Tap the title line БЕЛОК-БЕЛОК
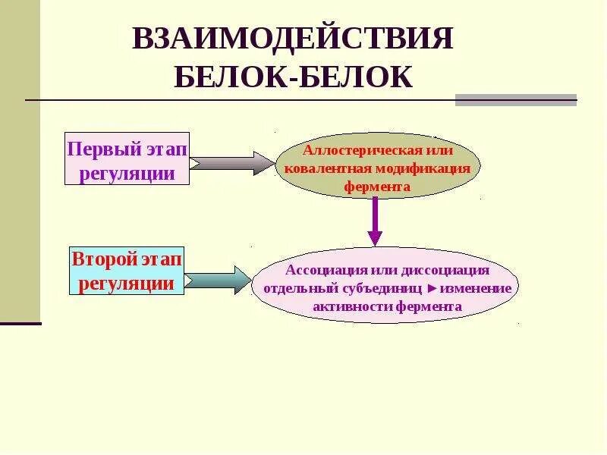pos(293,77)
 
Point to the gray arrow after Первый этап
pos(231,162)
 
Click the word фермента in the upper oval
pos(377,186)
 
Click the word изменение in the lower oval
pos(476,289)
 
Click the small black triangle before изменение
pos(432,289)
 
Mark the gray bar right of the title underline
pos(515,100)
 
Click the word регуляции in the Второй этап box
pos(126,284)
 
